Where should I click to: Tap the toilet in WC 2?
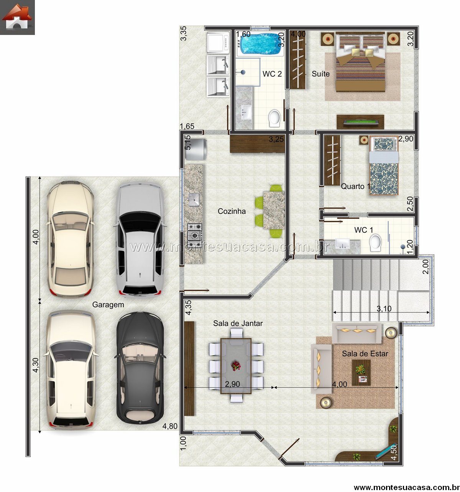274,118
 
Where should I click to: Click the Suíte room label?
320,74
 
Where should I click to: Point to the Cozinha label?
232,211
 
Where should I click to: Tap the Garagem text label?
108,305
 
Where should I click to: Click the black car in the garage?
140,368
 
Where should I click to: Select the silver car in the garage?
140,239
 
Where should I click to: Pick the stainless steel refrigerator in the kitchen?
195,149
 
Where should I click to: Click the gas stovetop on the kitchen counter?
195,232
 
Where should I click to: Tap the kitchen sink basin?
194,200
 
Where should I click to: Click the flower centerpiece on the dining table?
236,366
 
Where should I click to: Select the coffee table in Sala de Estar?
361,373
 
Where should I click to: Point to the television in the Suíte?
360,122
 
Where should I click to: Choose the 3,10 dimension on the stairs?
384,309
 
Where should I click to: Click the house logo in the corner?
17,17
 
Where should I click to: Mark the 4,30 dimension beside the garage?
36,365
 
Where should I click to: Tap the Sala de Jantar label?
238,323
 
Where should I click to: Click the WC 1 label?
363,230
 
